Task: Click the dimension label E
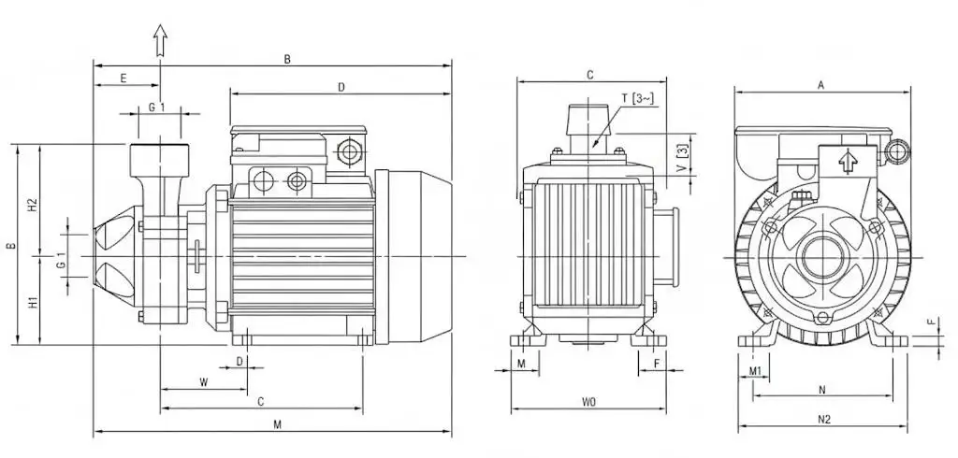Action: tap(123, 79)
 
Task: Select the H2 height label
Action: tap(34, 206)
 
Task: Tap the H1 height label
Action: tap(34, 301)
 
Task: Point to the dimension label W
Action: tap(204, 383)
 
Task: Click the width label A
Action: tap(821, 85)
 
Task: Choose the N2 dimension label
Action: tap(824, 420)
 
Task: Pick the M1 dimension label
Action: tap(755, 371)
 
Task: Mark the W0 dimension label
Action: tap(588, 402)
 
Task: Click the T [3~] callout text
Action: tap(638, 98)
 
